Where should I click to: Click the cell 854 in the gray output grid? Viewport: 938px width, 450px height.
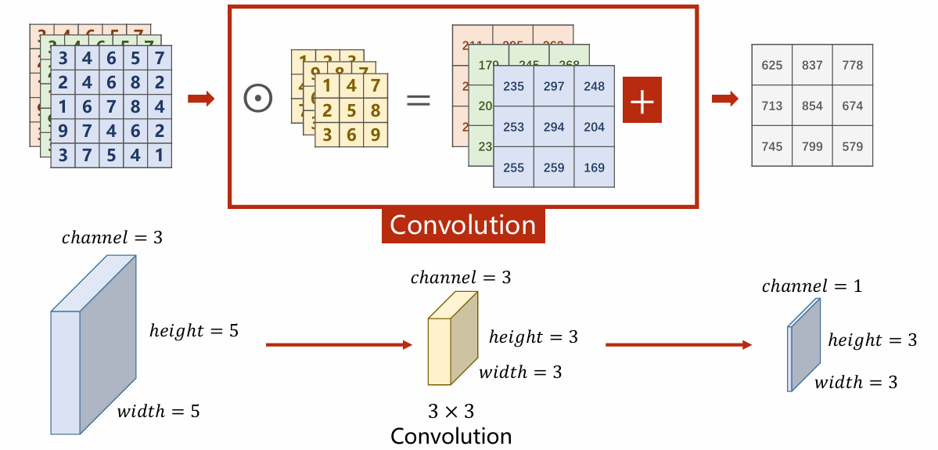(x=812, y=106)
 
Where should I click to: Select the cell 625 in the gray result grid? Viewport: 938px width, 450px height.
(x=771, y=65)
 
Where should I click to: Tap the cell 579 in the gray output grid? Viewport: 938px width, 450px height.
(x=853, y=146)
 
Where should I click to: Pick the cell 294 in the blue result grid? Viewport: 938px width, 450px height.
(x=554, y=127)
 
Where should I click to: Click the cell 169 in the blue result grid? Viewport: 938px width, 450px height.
(x=595, y=167)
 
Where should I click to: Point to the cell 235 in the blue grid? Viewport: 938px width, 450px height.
(x=513, y=86)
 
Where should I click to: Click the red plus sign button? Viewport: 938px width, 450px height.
(x=642, y=100)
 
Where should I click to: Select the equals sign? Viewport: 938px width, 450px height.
(x=419, y=100)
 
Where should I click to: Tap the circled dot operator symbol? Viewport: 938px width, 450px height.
(x=257, y=99)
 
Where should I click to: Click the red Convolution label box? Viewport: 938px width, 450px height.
(x=463, y=225)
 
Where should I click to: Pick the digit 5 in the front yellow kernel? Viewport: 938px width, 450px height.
(x=351, y=110)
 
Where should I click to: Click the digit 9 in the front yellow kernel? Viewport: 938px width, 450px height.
(x=376, y=135)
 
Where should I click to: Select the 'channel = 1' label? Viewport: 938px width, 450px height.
(x=811, y=286)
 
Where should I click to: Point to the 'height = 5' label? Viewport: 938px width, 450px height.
(x=193, y=330)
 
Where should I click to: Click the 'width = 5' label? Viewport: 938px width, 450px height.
(x=158, y=410)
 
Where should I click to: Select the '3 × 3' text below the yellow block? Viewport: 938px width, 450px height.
(x=451, y=411)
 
